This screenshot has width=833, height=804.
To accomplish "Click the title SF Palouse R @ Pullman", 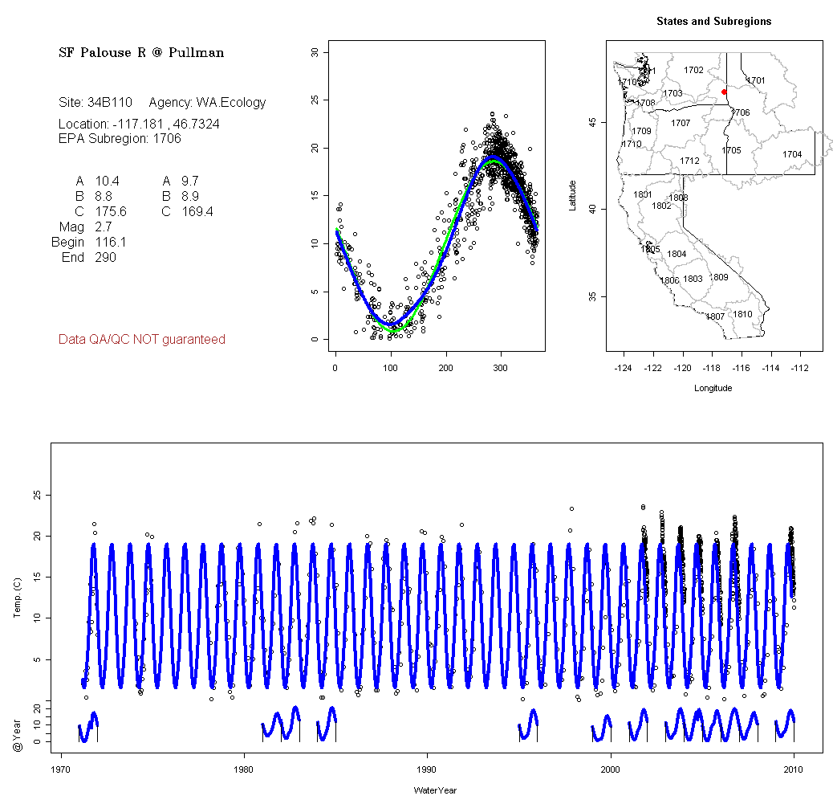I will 141,53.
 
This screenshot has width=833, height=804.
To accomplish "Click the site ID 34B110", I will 109,103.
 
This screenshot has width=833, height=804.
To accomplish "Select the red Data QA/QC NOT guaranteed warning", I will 142,340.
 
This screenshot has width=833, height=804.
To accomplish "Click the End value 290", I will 105,257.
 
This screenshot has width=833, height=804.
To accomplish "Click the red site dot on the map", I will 725,92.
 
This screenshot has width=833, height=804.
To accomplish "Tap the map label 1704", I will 792,154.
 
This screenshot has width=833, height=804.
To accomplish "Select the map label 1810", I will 743,314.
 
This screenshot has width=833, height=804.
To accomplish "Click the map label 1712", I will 689,161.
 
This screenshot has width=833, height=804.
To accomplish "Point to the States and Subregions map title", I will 713,22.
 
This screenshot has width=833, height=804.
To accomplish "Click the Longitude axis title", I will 713,388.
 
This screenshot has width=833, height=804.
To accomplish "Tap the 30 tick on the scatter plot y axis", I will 315,52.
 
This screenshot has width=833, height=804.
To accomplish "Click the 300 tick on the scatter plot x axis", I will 501,368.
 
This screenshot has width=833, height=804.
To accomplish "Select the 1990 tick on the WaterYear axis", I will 427,767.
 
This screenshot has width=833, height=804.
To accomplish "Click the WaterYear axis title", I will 435,790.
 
